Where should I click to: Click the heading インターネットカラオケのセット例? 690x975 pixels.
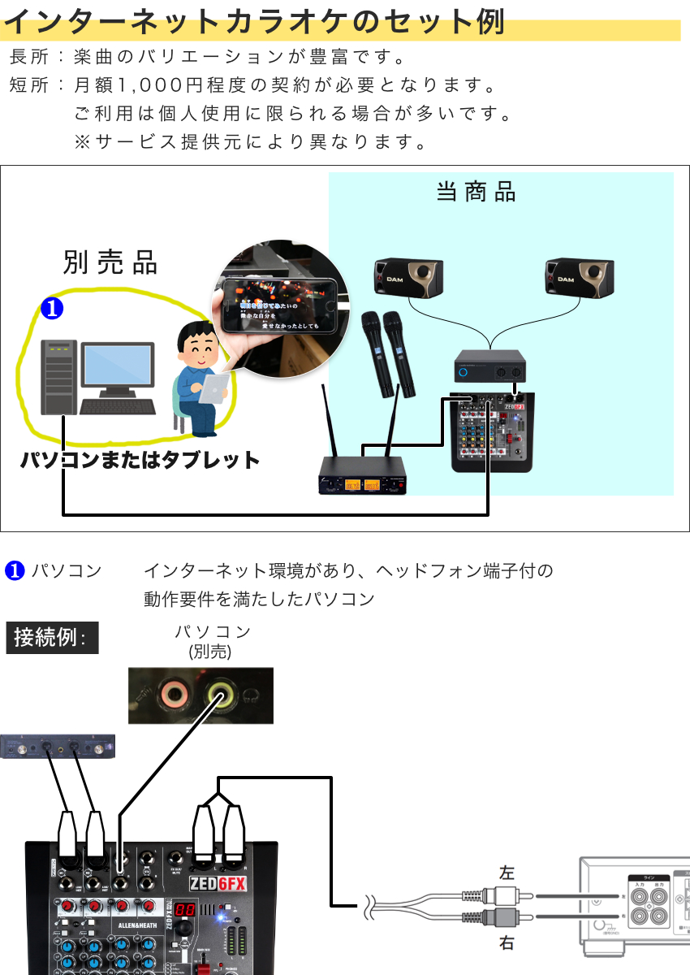[x=254, y=22]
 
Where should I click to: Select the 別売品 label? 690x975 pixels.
[x=110, y=262]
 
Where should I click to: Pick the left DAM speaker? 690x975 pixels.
[x=408, y=277]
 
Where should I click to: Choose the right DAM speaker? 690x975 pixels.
[x=580, y=277]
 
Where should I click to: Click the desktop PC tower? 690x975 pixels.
[x=59, y=377]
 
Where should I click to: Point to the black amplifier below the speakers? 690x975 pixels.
[x=489, y=366]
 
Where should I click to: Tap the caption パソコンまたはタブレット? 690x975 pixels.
[x=140, y=460]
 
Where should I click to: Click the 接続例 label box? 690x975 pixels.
[x=51, y=638]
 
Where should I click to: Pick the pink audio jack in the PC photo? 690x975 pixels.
[x=173, y=695]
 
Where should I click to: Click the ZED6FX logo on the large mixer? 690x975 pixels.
[x=217, y=884]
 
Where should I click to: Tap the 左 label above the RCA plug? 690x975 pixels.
[x=507, y=873]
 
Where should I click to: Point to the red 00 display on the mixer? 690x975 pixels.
[x=183, y=911]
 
